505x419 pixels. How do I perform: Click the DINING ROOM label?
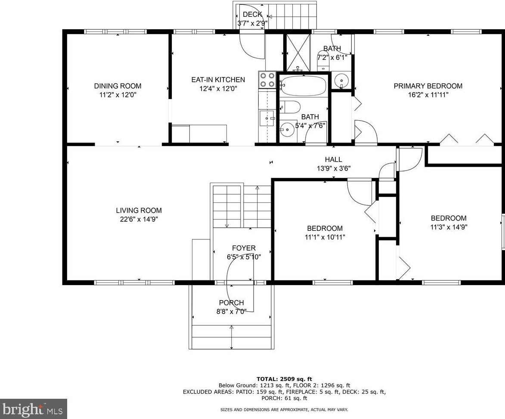click(118, 86)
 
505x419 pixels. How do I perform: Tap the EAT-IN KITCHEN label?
click(218, 80)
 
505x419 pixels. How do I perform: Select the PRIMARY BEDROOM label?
click(428, 86)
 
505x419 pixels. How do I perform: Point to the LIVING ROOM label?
click(139, 210)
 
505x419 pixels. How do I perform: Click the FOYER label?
click(244, 248)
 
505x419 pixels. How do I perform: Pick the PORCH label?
click(231, 303)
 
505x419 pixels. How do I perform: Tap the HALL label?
click(333, 159)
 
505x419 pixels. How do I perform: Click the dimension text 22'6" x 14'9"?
click(139, 219)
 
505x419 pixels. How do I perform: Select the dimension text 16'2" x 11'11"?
click(428, 95)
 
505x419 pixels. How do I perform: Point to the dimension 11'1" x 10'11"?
click(325, 237)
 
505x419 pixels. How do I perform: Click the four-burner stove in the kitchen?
click(267, 80)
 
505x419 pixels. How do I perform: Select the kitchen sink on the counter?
click(267, 118)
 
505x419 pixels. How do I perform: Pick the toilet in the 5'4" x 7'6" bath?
click(290, 107)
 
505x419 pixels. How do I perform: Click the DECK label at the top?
click(252, 14)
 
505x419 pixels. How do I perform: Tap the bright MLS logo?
click(34, 409)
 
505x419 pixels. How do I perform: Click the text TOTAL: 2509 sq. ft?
click(284, 379)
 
